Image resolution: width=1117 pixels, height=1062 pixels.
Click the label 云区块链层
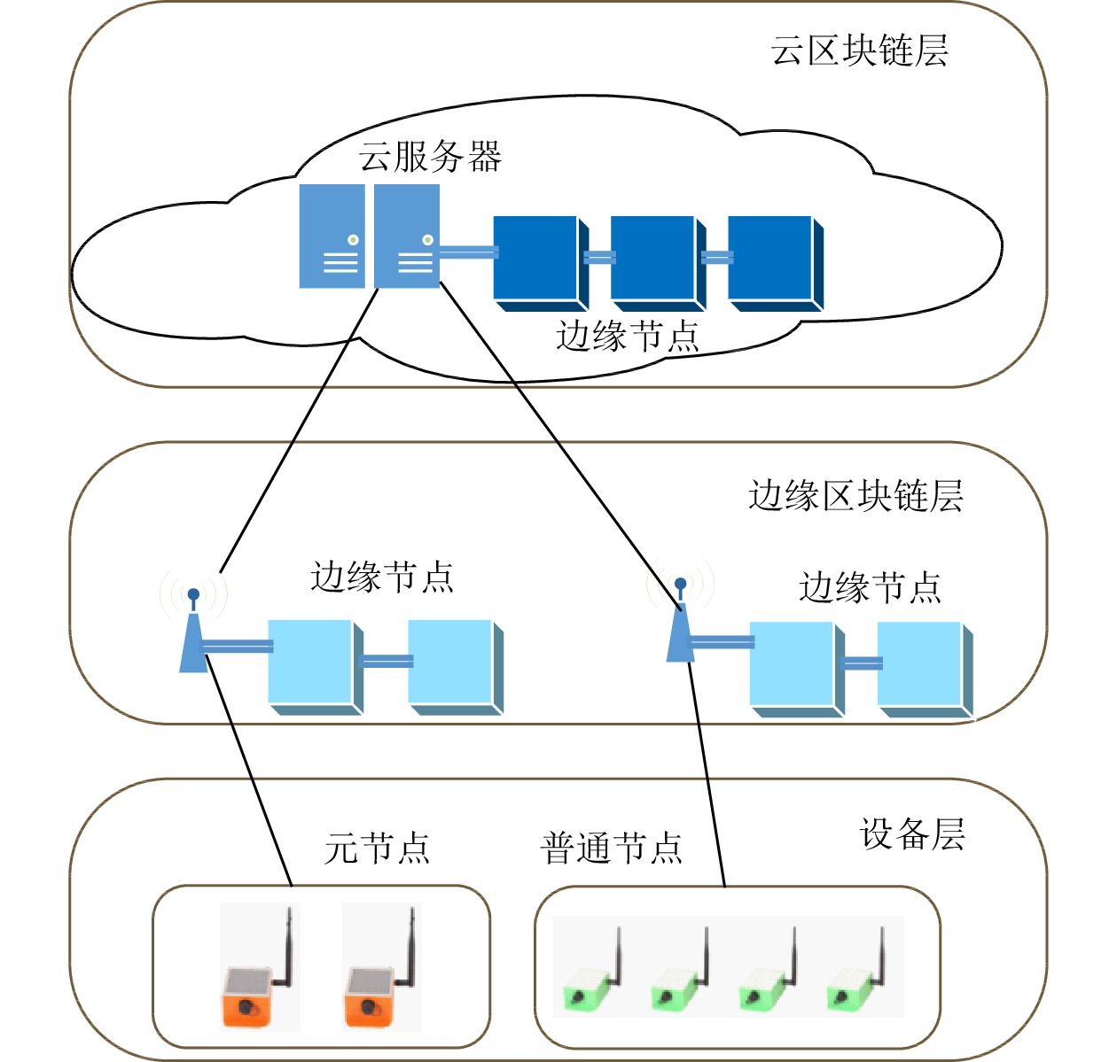point(859,50)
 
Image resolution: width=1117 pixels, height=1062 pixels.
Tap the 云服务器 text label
point(430,157)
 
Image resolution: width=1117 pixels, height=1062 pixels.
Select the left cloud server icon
point(332,236)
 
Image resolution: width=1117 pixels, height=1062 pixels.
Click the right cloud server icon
point(407,236)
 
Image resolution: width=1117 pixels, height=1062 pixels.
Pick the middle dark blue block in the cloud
point(656,261)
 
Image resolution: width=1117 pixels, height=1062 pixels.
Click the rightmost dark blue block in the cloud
point(774,261)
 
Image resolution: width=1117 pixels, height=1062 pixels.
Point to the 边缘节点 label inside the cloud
point(628,337)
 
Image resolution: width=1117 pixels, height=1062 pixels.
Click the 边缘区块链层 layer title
point(855,496)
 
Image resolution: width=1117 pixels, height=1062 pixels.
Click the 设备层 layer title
point(912,834)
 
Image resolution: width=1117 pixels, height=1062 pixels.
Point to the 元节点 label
point(378,849)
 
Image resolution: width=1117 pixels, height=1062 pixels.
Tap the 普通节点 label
point(612,849)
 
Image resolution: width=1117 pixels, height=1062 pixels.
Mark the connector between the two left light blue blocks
point(386,661)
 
